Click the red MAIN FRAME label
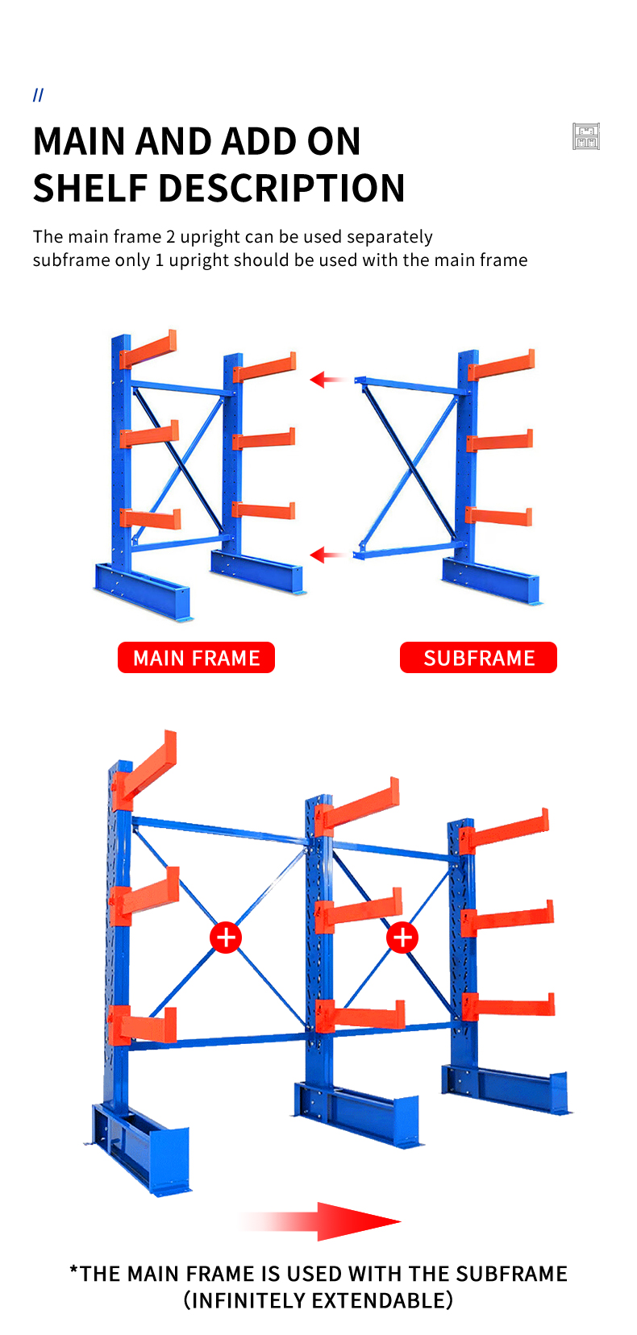(196, 657)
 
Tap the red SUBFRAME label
(478, 657)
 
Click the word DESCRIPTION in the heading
(282, 189)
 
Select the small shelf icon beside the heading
(585, 136)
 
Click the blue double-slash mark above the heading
(38, 95)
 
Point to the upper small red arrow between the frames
(327, 379)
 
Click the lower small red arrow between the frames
(327, 555)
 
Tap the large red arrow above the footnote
(322, 1221)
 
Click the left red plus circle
(226, 938)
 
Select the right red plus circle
(402, 938)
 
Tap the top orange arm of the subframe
(502, 364)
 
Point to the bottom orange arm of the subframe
(499, 515)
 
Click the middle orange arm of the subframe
(499, 441)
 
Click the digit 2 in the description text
(170, 237)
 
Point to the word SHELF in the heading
(90, 189)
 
